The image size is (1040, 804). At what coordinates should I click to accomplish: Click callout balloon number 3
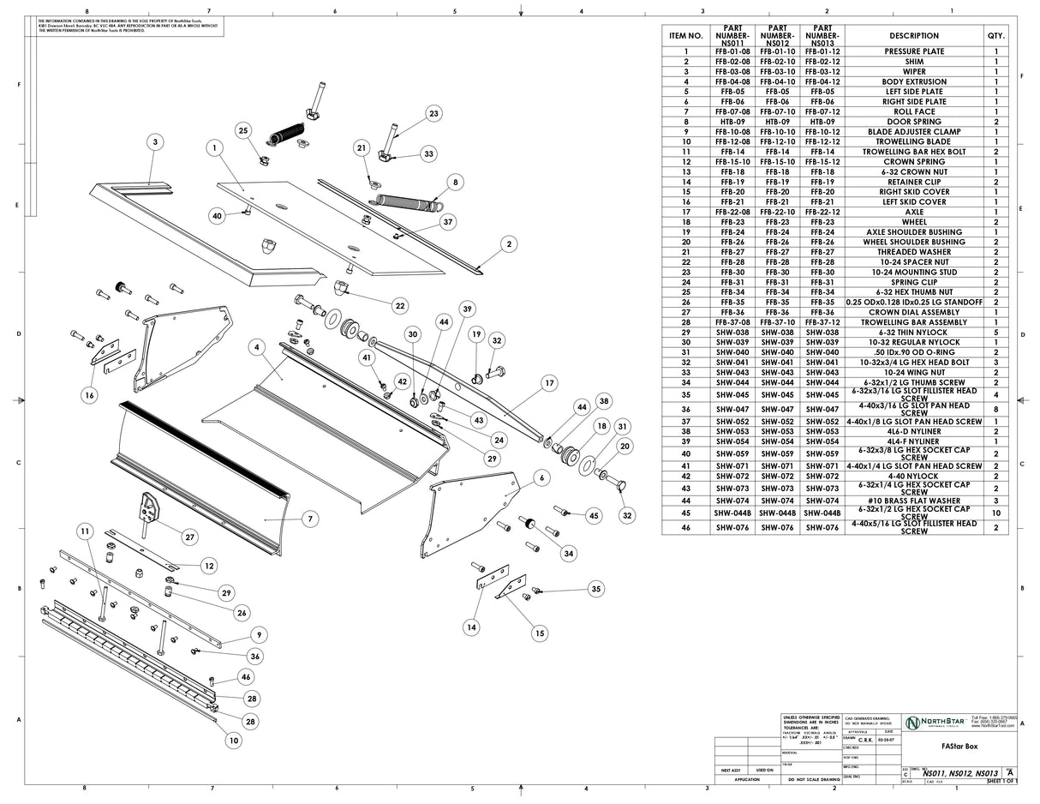coord(154,142)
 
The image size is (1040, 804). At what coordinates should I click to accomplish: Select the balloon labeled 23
coord(433,113)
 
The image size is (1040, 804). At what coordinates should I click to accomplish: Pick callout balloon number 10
coord(232,739)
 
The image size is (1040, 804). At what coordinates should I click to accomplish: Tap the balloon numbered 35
coord(595,588)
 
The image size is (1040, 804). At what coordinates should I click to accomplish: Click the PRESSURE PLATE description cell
coord(913,51)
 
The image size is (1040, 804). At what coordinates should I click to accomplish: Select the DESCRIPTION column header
coord(913,36)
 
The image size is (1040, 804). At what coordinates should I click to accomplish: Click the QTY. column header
coord(995,36)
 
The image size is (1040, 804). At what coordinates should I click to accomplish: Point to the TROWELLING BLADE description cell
coord(913,141)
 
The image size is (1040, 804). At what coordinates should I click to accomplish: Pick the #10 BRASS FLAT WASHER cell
coord(913,501)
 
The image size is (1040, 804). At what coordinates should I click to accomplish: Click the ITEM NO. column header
coord(685,36)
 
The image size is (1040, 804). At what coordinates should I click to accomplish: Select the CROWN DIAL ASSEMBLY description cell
coord(913,312)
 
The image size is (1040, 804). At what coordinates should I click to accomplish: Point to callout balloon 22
coord(400,306)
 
